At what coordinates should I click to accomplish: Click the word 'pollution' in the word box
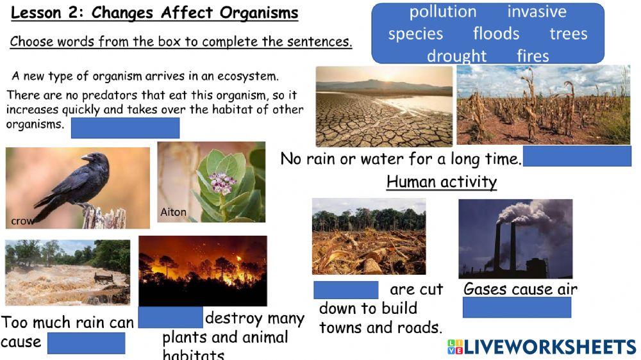point(443,12)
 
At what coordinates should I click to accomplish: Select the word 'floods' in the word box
point(496,33)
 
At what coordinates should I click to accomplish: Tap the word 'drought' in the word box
point(457,56)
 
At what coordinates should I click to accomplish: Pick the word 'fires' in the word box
point(533,56)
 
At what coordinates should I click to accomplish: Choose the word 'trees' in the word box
point(569,33)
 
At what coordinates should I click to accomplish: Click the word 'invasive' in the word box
point(537,12)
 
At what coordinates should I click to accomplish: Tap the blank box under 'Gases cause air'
point(517,307)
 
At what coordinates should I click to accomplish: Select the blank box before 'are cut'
point(346,290)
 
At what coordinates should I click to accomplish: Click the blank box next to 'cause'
point(87,343)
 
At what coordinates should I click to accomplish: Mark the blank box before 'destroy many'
point(171,318)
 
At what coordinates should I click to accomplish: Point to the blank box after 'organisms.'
point(125,127)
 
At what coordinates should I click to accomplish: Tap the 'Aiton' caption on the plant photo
point(172,213)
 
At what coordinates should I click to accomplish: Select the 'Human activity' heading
point(442,182)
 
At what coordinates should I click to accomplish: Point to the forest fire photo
point(203,270)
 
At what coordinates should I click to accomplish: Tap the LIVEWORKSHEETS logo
point(542,347)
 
